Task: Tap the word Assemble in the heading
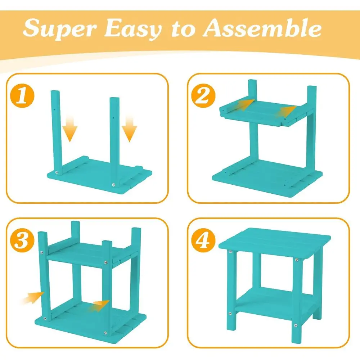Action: [262, 28]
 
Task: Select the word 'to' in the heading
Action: [183, 30]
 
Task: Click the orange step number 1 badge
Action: [22, 95]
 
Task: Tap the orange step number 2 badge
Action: [203, 95]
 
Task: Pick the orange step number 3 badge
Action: [22, 240]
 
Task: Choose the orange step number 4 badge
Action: [203, 240]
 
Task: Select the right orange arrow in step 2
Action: [287, 111]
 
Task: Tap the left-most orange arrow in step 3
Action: [33, 298]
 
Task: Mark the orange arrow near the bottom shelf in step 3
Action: [99, 306]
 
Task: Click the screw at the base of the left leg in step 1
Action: [57, 172]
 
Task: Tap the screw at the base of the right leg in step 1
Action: [113, 185]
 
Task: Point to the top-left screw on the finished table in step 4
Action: [230, 252]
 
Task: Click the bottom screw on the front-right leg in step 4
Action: [296, 325]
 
